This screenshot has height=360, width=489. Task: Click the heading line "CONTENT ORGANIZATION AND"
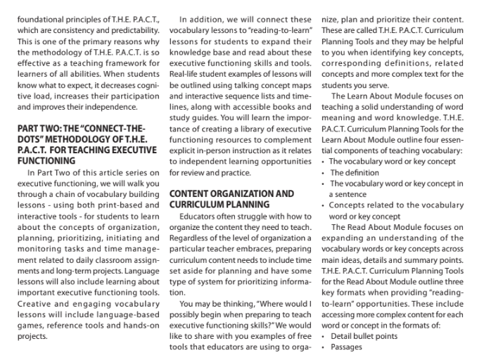[231, 193]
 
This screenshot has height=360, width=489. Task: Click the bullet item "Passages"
[347, 347]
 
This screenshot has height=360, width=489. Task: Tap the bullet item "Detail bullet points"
[364, 336]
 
